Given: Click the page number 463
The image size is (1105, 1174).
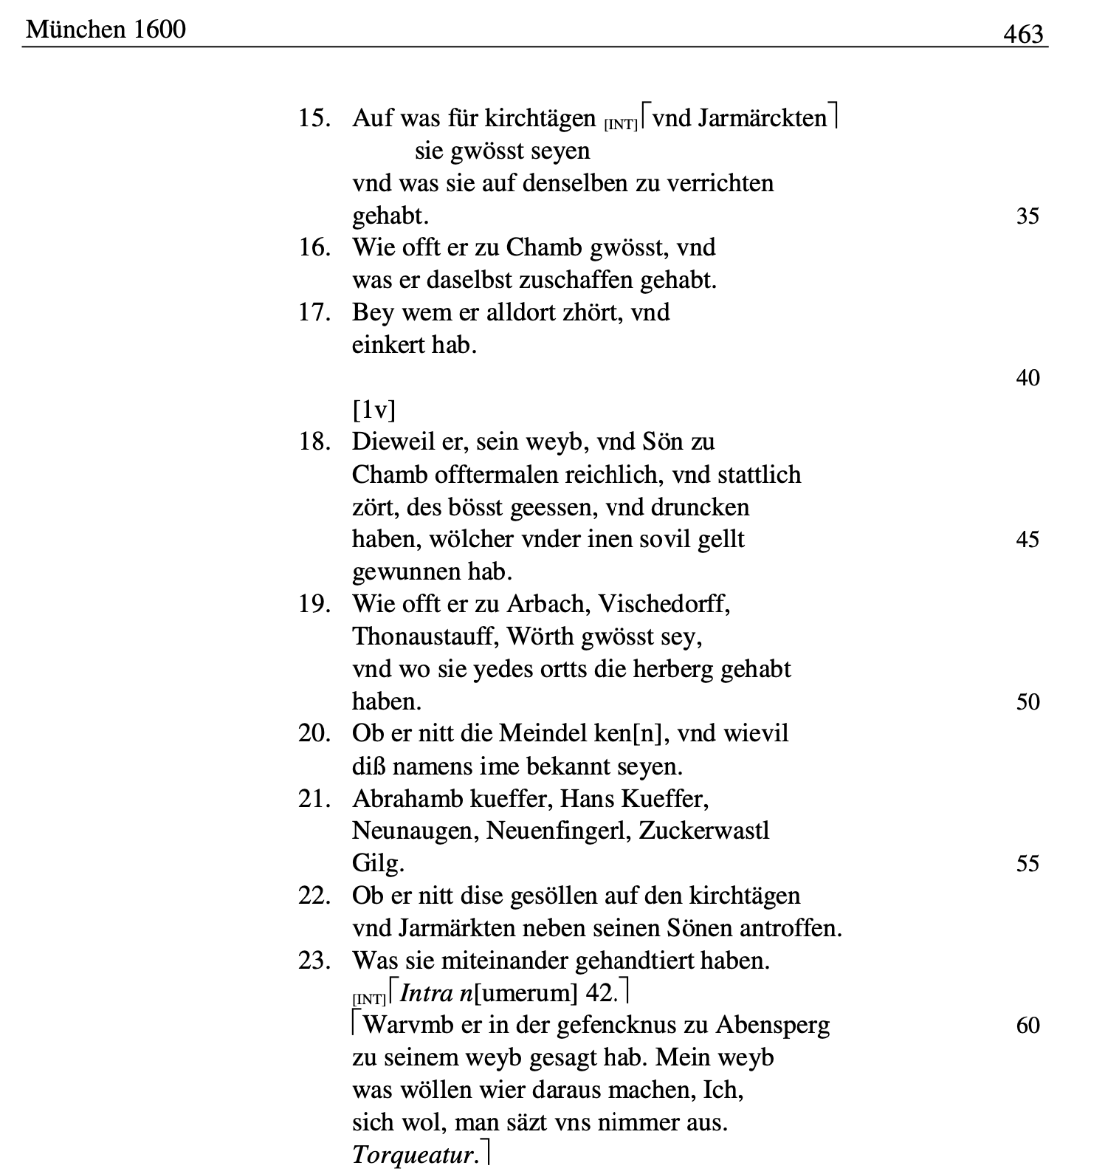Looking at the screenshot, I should click(1023, 33).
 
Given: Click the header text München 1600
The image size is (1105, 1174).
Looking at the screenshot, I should click(106, 30).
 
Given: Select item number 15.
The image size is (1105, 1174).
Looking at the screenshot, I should click(314, 118).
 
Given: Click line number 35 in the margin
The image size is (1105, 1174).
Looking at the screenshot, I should click(1027, 216).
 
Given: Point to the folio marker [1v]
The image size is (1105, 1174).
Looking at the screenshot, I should click(374, 409).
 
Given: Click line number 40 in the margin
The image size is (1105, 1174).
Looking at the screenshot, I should click(1027, 377).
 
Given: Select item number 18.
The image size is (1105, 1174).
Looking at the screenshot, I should click(314, 442).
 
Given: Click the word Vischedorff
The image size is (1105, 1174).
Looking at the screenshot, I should click(664, 604).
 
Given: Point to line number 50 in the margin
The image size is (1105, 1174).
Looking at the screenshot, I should click(1027, 701).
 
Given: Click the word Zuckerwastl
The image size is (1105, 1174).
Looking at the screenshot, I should click(704, 831).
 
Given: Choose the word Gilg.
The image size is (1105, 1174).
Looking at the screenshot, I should click(378, 863).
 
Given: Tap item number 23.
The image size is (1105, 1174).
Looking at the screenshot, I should click(314, 961).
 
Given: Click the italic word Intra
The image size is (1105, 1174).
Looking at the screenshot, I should click(426, 993).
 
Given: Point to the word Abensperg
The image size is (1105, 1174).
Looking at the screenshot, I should click(772, 1025).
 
